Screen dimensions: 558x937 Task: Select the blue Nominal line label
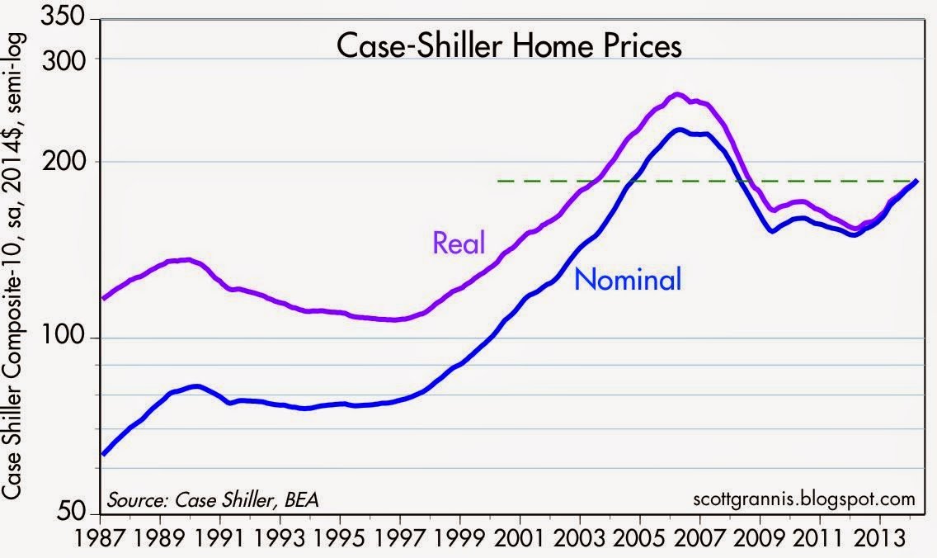tap(629, 279)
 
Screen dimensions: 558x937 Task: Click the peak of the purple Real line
tap(677, 94)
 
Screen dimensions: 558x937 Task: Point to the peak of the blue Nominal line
tap(679, 130)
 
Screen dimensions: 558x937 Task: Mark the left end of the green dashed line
tap(500, 181)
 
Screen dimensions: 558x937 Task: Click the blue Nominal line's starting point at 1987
tap(102, 454)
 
